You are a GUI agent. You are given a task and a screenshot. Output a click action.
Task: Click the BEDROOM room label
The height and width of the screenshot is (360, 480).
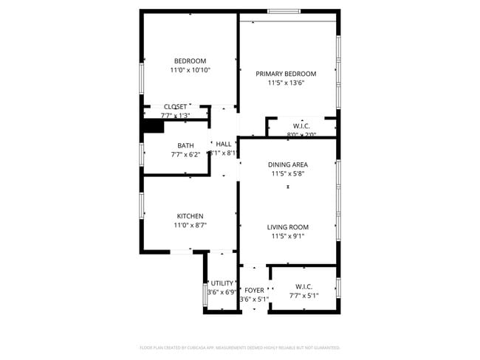(190, 61)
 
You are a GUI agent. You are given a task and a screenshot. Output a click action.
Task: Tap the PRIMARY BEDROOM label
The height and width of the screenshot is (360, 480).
(286, 74)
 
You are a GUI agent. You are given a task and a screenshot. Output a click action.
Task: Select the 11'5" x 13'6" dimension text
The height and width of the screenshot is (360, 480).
(286, 83)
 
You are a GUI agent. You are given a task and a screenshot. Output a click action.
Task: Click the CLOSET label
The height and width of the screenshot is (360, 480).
(175, 106)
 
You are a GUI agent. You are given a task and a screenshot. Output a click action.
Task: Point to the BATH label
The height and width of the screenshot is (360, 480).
(185, 145)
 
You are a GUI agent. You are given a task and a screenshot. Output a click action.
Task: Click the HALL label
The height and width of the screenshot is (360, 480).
(224, 144)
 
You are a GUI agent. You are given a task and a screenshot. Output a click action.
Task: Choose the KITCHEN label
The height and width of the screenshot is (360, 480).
(190, 216)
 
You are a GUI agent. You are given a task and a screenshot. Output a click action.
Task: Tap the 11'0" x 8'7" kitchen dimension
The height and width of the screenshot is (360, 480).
(190, 226)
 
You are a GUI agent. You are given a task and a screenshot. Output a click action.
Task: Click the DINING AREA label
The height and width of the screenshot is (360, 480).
(287, 165)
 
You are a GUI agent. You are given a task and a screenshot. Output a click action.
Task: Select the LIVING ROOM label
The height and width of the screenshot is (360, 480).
(287, 227)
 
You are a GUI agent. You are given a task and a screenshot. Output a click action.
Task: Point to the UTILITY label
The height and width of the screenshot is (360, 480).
(222, 283)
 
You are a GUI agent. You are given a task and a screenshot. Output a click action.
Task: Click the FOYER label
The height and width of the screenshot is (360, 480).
(254, 290)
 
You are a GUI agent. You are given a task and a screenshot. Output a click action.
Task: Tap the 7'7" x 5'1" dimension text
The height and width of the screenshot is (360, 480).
(304, 296)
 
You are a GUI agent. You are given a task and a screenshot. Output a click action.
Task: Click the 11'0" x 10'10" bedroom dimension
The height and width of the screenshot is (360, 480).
(190, 70)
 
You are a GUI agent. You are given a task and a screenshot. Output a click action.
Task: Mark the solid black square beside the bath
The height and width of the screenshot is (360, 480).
(153, 126)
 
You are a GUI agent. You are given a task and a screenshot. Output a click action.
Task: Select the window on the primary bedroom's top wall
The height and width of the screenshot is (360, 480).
(284, 11)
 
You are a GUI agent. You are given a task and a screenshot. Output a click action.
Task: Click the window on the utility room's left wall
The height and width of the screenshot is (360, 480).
(205, 293)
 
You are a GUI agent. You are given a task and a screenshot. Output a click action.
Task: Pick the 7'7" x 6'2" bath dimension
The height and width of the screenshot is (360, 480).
(185, 155)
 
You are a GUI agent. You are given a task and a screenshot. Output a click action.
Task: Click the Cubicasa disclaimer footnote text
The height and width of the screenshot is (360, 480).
(239, 347)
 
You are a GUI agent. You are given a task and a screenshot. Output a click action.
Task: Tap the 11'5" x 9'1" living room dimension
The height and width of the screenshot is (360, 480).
(287, 237)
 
